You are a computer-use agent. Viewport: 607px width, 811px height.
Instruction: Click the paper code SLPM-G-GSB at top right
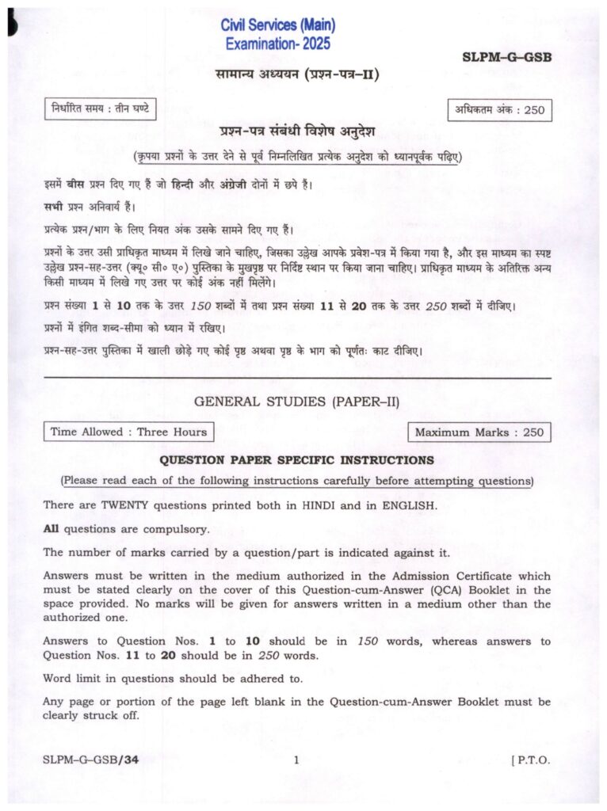[x=506, y=57]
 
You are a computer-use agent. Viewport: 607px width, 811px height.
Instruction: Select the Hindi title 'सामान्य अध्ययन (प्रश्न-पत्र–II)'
[x=295, y=75]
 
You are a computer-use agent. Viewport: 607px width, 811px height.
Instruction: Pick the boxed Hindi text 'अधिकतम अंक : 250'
[x=500, y=110]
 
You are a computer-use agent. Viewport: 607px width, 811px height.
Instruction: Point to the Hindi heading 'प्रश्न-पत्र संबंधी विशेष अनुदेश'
[x=297, y=131]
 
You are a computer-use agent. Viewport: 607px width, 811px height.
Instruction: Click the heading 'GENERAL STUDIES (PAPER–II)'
[x=297, y=402]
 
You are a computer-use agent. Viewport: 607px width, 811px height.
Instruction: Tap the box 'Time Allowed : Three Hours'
[x=128, y=432]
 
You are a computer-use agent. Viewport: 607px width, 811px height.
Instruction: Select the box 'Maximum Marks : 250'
[x=479, y=432]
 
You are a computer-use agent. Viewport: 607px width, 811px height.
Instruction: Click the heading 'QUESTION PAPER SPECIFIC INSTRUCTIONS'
[x=297, y=459]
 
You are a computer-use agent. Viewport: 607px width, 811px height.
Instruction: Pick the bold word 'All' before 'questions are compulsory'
[x=52, y=528]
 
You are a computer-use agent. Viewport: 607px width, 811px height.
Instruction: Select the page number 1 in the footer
[x=296, y=760]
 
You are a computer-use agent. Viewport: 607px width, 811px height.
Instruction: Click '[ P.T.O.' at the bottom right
[x=531, y=760]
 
